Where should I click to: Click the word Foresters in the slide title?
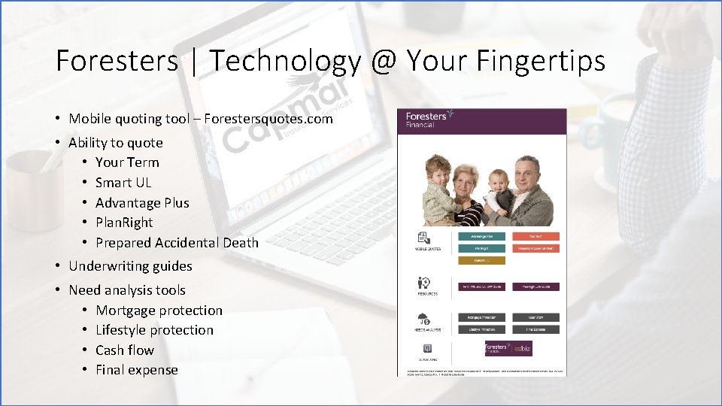coord(116,61)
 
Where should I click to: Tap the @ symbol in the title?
coord(384,61)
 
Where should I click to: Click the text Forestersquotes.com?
coord(268,119)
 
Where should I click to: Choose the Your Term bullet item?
coord(127,162)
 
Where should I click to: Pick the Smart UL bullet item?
coord(123,183)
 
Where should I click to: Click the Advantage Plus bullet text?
coord(142,203)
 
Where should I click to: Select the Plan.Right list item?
coord(124,223)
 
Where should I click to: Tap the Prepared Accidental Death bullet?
coord(177,243)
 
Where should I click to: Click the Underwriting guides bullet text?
coord(130,266)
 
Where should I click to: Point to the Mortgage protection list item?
coord(159,311)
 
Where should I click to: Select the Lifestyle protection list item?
coord(154,330)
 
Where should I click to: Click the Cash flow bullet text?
coord(125,350)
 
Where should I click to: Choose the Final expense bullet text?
coord(137,370)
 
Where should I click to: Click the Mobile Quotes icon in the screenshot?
coord(423,239)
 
